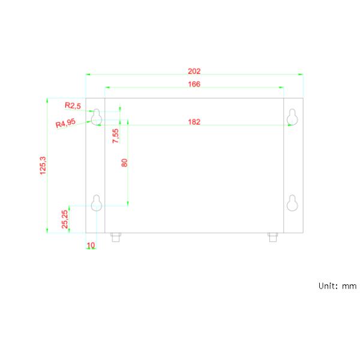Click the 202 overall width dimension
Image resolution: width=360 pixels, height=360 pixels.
click(x=194, y=71)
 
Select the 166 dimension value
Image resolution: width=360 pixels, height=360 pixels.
click(x=194, y=84)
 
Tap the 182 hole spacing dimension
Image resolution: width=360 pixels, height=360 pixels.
click(x=194, y=122)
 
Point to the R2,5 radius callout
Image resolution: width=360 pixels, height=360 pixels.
click(x=73, y=106)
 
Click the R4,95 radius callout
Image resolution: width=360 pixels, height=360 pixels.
click(x=65, y=123)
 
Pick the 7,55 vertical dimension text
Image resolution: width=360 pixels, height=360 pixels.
click(x=115, y=136)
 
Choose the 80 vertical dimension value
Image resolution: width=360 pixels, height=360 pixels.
click(x=124, y=163)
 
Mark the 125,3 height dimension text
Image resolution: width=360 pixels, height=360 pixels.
click(x=43, y=166)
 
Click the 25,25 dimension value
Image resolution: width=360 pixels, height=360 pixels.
click(x=65, y=220)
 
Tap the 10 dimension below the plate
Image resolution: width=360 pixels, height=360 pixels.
click(x=91, y=245)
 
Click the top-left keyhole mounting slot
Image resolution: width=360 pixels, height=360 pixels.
click(x=97, y=117)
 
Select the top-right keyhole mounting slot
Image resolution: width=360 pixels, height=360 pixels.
click(x=292, y=117)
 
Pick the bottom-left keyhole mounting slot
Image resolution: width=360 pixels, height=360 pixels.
click(x=97, y=203)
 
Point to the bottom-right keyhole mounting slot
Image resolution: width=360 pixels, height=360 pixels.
click(x=292, y=203)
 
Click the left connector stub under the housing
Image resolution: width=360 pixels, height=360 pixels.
click(x=116, y=237)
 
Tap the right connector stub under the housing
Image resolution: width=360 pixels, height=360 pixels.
click(x=273, y=237)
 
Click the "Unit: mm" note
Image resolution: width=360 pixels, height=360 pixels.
click(x=337, y=286)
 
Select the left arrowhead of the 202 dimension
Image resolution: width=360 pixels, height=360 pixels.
click(x=88, y=74)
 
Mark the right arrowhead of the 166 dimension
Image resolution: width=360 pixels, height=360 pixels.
click(x=281, y=87)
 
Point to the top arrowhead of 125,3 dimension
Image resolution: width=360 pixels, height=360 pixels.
click(x=47, y=100)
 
